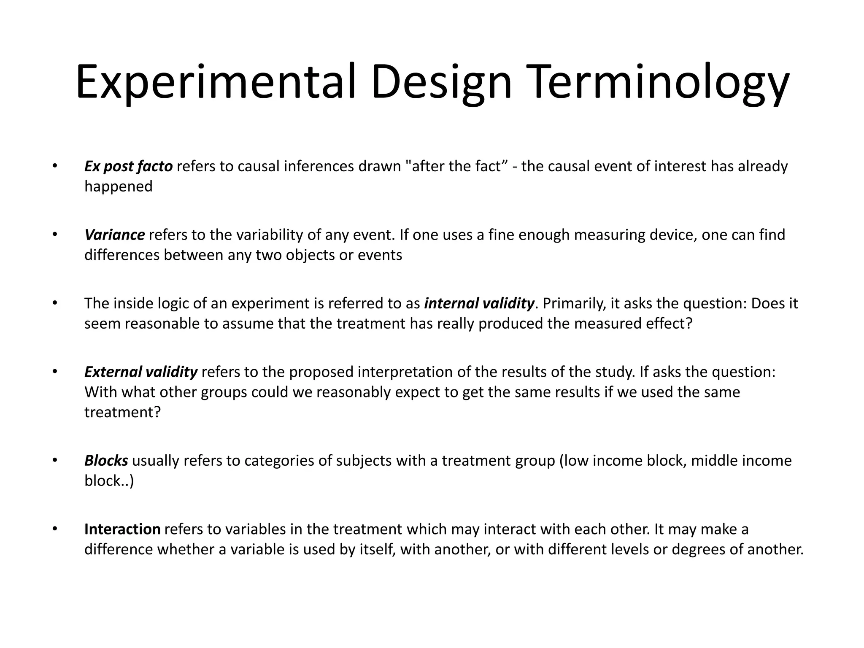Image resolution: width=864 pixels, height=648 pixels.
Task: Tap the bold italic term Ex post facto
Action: pyautogui.click(x=128, y=167)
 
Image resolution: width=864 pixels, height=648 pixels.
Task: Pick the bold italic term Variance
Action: pyautogui.click(x=114, y=235)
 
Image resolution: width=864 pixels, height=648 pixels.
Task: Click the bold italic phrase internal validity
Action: pyautogui.click(x=479, y=303)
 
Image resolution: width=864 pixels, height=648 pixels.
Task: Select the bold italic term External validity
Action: pyautogui.click(x=140, y=372)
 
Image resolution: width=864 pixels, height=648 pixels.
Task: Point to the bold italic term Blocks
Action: pyautogui.click(x=106, y=461)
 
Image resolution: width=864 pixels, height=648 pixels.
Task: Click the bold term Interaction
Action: pyautogui.click(x=122, y=529)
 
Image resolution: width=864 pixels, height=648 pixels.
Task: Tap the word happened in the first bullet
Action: pyautogui.click(x=118, y=186)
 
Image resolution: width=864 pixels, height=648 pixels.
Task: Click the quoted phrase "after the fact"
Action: pyautogui.click(x=456, y=167)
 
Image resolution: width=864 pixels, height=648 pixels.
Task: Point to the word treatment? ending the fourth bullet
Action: pyautogui.click(x=122, y=412)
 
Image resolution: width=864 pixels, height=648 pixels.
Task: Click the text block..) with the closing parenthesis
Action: pyautogui.click(x=109, y=481)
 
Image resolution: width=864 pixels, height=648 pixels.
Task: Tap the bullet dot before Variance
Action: pyautogui.click(x=54, y=234)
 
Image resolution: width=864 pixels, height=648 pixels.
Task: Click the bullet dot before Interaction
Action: pyautogui.click(x=54, y=529)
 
